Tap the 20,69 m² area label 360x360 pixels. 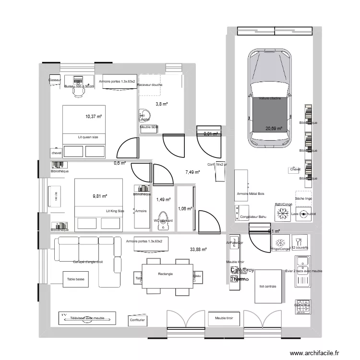(x=273, y=129)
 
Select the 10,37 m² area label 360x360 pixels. (x=93, y=116)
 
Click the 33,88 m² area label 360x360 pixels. (x=198, y=249)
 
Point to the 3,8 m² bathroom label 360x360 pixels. (x=161, y=104)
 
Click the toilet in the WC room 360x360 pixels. (x=163, y=218)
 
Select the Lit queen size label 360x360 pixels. (x=88, y=137)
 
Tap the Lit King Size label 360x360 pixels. (x=115, y=211)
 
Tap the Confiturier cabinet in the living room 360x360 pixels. (x=137, y=319)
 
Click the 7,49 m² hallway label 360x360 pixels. (x=192, y=172)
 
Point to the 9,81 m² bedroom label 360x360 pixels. (x=100, y=196)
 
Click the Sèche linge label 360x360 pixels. (x=303, y=198)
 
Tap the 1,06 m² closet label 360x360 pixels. (x=185, y=208)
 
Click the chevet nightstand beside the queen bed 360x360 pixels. (x=56, y=153)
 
